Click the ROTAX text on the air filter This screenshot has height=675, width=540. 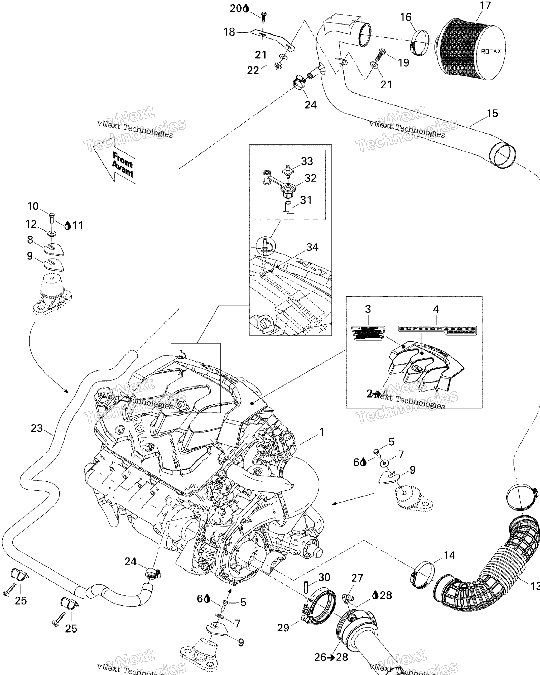tap(490, 51)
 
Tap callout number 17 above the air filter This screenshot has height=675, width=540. tap(485, 6)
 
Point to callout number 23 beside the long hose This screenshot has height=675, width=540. tap(37, 428)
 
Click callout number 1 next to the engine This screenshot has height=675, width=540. tap(321, 432)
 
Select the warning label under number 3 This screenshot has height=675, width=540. tap(368, 333)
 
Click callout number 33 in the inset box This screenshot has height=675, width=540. tap(307, 161)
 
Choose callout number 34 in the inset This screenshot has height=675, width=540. tap(312, 247)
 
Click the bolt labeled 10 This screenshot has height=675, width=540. tap(52, 218)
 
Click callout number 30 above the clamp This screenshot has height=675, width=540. tap(324, 577)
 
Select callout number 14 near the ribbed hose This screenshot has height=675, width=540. tap(449, 555)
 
